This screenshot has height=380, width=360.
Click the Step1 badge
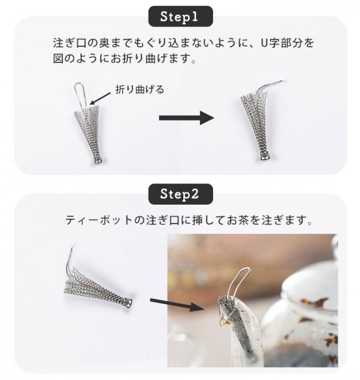[181, 16]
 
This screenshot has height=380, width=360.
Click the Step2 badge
[181, 194]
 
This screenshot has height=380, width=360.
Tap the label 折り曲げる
[140, 90]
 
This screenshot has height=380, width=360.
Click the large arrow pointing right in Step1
[187, 118]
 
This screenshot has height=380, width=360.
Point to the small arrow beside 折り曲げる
[100, 99]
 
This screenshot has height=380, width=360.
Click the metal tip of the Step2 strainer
[128, 303]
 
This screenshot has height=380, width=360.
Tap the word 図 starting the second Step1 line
[59, 59]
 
